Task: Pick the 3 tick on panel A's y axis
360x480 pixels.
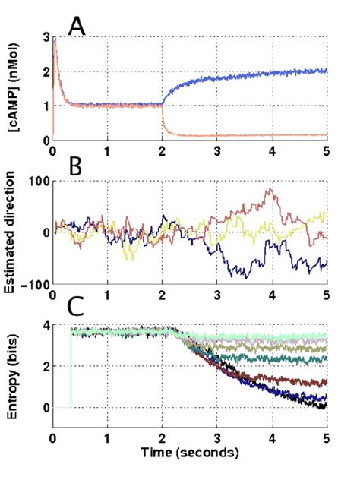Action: (44, 37)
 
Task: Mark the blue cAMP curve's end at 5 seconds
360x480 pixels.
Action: (326, 71)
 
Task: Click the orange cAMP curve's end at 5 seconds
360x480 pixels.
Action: (326, 135)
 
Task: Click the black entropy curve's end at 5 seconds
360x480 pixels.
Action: (325, 406)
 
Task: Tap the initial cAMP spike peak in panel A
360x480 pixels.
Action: (54, 38)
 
